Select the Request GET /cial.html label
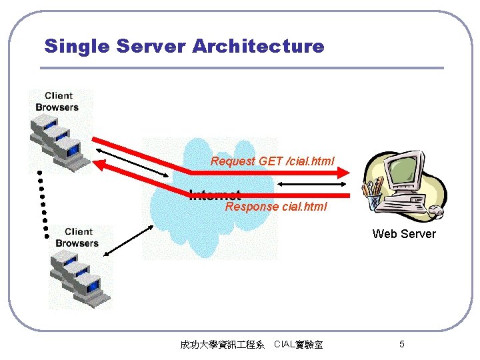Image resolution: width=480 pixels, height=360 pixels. [273, 161]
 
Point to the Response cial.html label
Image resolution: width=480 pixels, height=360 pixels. [276, 207]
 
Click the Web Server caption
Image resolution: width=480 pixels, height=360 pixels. [404, 234]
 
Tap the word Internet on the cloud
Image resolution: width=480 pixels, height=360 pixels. [215, 195]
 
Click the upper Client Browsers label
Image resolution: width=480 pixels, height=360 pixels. [57, 101]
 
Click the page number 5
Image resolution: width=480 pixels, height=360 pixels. [401, 344]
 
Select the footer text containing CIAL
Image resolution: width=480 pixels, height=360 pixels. [299, 345]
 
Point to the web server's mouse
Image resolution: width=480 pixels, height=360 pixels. [436, 211]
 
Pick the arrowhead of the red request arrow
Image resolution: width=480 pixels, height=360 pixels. [345, 172]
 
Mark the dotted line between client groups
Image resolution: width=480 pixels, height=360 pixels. [43, 203]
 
